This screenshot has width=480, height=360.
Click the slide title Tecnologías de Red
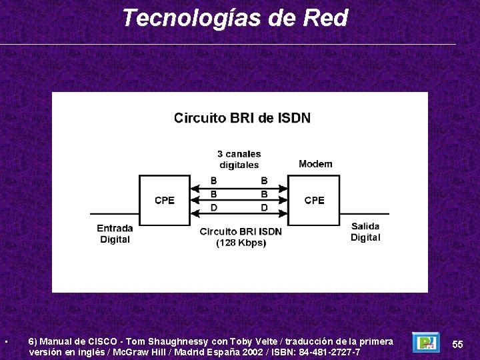[235, 18]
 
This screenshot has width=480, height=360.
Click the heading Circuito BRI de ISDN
[242, 118]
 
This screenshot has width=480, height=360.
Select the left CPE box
[165, 199]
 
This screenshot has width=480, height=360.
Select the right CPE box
[314, 199]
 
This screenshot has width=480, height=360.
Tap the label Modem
[315, 164]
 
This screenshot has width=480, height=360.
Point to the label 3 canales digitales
[239, 159]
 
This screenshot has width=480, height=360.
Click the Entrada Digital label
[115, 233]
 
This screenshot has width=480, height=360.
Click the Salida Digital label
[365, 232]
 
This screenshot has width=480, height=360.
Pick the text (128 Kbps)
[241, 243]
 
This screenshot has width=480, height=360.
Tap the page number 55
[457, 344]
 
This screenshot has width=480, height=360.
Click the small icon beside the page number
[425, 343]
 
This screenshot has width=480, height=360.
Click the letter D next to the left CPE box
[213, 208]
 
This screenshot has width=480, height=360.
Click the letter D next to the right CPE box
[264, 208]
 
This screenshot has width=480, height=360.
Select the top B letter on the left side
[213, 181]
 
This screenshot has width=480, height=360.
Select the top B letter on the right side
[264, 181]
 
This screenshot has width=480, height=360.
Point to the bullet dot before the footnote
[5, 343]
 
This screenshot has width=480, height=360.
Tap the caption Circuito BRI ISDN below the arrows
[241, 231]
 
